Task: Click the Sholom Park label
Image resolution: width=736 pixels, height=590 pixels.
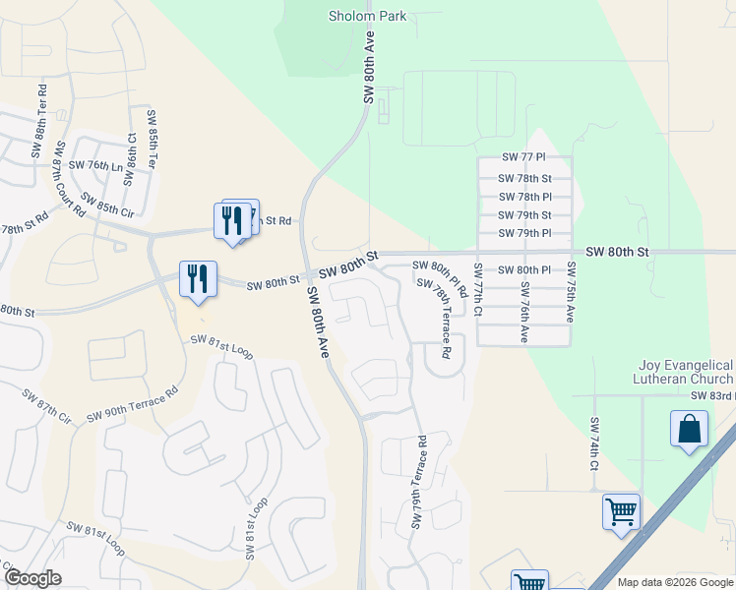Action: click(x=367, y=16)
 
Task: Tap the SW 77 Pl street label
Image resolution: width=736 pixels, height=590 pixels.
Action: click(x=522, y=157)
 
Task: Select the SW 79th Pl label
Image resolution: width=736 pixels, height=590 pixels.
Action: click(x=524, y=233)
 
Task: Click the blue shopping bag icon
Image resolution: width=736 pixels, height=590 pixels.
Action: click(x=689, y=430)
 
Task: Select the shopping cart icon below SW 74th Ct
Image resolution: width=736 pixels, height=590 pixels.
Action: click(x=621, y=512)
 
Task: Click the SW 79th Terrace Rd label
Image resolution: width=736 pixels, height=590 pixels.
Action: click(x=419, y=482)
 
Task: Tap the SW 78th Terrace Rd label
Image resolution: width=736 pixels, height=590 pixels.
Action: click(x=434, y=317)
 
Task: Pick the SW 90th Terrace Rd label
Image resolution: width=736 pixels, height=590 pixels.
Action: click(x=131, y=403)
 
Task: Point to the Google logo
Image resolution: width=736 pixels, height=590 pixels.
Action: click(x=32, y=578)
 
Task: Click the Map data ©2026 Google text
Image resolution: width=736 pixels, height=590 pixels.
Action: click(x=674, y=582)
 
